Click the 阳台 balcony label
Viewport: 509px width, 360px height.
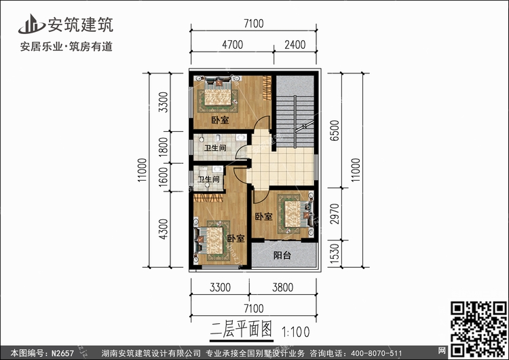click(x=282, y=256)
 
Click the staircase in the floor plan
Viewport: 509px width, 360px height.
click(x=295, y=112)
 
